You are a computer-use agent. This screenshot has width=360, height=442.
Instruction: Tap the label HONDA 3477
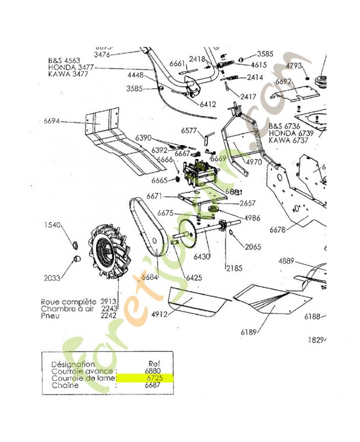[x=71, y=67]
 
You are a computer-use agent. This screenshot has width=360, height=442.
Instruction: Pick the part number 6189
[x=250, y=332]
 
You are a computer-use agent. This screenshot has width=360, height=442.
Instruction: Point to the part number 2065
[x=253, y=247]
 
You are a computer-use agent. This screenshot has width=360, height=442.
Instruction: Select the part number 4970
[x=254, y=162]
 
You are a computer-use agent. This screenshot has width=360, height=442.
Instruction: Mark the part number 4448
[x=136, y=75]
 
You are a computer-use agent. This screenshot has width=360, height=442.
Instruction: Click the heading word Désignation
[x=72, y=364]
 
